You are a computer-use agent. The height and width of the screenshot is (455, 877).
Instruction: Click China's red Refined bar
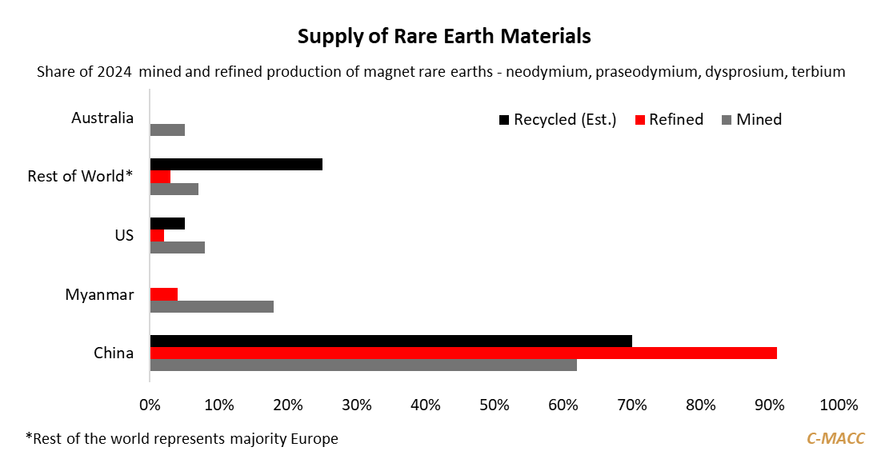tap(463, 353)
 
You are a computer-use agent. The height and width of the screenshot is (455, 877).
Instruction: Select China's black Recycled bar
tap(390, 341)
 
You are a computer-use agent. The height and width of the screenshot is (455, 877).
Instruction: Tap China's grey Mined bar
tap(363, 365)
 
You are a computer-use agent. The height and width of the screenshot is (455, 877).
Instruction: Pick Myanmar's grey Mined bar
tap(212, 306)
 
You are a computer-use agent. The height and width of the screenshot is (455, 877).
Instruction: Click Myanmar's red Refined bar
tap(164, 294)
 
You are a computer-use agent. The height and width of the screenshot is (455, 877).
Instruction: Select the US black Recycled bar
tap(167, 223)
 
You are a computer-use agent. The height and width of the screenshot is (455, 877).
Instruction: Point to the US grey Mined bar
tap(178, 247)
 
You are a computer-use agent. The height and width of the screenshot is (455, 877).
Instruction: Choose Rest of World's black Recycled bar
tap(236, 164)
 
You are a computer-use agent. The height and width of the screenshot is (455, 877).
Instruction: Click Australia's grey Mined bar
tap(167, 130)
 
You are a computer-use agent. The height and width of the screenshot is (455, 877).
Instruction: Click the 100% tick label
tap(838, 405)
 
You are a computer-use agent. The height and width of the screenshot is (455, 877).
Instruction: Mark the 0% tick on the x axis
tap(150, 405)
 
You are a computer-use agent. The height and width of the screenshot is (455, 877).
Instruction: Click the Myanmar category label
tap(99, 295)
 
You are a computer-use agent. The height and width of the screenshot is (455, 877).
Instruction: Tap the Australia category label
tap(102, 118)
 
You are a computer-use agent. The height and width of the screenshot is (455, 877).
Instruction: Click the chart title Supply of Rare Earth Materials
tap(444, 37)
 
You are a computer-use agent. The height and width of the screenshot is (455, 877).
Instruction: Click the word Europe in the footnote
tap(314, 438)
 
